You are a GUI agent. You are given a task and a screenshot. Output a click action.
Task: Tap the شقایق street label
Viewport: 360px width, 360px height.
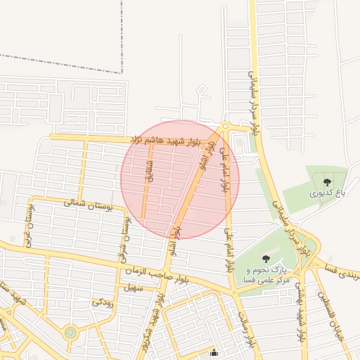click(149, 170)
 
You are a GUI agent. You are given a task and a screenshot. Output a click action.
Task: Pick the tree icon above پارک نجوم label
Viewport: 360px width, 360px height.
click(265, 259)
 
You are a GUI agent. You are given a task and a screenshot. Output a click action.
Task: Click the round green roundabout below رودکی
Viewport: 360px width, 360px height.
click(70, 332)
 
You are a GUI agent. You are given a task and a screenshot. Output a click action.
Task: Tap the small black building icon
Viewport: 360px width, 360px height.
click(214, 353)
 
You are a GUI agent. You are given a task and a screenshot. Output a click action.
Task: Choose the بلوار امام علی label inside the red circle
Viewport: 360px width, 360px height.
click(225, 172)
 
